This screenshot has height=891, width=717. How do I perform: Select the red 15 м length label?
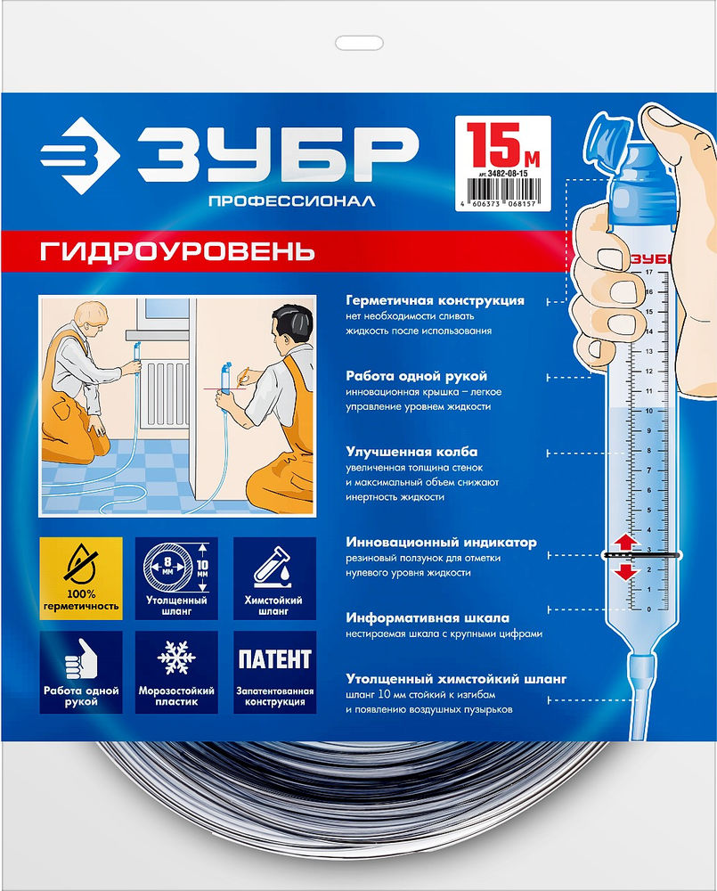[x=501, y=143]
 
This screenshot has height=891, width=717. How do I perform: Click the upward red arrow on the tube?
[x=624, y=542]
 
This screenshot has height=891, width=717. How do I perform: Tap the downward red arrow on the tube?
[x=624, y=570]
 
